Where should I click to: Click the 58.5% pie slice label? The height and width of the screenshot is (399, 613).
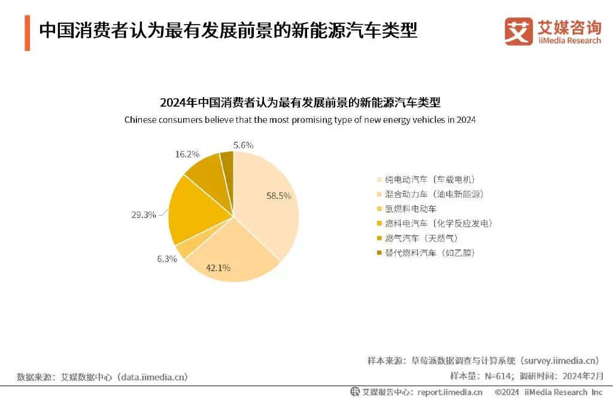point(279,195)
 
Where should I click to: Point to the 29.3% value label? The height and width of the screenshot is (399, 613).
point(144,214)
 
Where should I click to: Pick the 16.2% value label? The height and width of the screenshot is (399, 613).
point(187,154)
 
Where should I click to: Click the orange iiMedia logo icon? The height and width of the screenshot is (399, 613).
point(518,31)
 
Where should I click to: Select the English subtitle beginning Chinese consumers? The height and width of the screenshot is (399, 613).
point(300,120)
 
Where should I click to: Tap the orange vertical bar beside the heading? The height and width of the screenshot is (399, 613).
point(28,34)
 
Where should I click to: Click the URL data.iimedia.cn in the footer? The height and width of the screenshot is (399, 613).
point(153,377)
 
